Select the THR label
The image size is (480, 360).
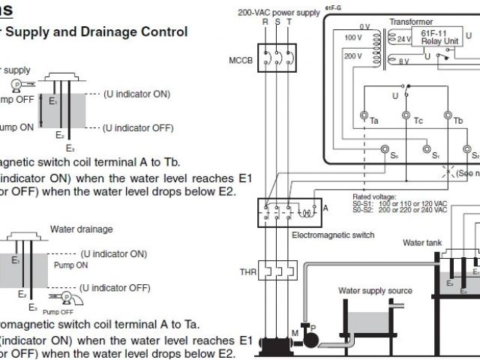[247, 271]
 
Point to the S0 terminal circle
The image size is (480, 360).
[385, 149]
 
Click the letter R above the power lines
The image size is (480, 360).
[264, 22]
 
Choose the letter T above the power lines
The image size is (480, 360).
[289, 22]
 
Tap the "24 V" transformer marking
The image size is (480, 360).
[403, 38]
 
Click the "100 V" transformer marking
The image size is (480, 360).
[352, 37]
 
